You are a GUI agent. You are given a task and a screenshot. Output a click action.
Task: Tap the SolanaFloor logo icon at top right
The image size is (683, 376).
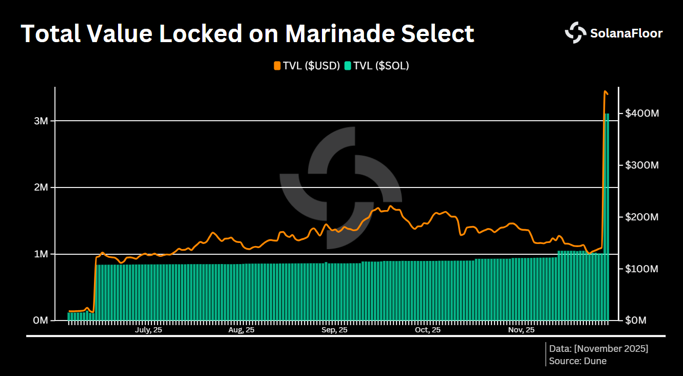coord(575,33)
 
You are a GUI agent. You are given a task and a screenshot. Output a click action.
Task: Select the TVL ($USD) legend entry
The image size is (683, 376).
coord(307,65)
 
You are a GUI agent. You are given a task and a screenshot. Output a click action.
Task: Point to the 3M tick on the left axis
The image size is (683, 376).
coord(41,121)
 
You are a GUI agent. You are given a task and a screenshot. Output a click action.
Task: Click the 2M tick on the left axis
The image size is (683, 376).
coord(41,187)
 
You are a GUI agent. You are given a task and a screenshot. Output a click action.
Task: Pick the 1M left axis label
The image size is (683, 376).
coord(41,254)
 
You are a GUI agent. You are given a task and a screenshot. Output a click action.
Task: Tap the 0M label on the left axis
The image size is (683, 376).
coord(41,321)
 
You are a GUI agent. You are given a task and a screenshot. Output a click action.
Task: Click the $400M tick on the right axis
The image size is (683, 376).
coord(641,113)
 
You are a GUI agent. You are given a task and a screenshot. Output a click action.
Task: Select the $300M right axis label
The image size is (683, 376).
coord(641,165)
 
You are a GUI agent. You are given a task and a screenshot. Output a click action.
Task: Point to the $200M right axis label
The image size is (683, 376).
coord(641,217)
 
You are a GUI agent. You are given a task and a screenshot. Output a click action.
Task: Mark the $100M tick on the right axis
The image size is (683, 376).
coord(641,269)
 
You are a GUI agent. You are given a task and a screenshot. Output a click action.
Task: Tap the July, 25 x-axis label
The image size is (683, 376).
coord(148,330)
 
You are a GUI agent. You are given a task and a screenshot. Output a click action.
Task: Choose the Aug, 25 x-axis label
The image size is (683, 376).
coord(241,330)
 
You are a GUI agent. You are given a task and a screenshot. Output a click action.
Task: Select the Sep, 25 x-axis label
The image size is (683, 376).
coord(334,330)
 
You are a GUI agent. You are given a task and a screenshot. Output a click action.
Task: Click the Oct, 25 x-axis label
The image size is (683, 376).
coord(428,330)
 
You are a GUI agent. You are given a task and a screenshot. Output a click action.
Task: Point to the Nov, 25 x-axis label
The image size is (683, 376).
coord(521,330)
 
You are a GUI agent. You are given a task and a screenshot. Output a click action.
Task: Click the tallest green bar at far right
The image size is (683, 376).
coord(607,216)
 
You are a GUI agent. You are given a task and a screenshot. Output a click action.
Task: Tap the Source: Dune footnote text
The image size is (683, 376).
coord(578,361)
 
